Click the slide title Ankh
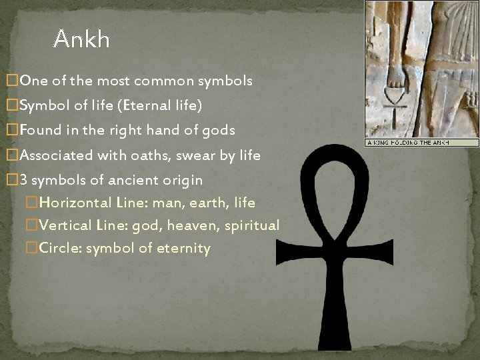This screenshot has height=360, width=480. (81, 39)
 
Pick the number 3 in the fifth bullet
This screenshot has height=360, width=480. (24, 180)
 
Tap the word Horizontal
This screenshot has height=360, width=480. (71, 203)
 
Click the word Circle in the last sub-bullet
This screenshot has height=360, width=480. (59, 249)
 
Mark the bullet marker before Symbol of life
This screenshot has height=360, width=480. (11, 106)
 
